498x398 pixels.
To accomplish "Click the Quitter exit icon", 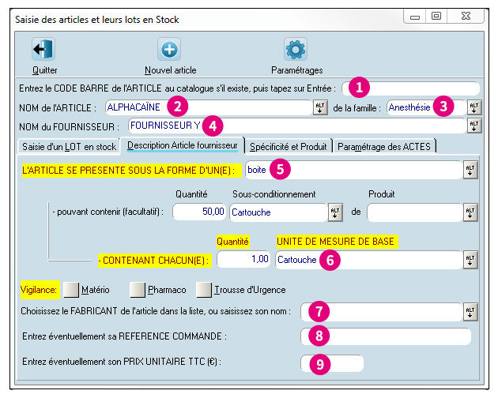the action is (x=43, y=49).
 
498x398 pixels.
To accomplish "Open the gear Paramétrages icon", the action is (x=296, y=49).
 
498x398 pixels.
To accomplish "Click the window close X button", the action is (x=466, y=16).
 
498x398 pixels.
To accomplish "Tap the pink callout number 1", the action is (x=359, y=88).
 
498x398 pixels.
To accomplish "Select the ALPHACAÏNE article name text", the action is (x=134, y=107).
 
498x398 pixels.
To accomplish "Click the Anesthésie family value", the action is (x=409, y=107).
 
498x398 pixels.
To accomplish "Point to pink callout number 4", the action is (x=213, y=126).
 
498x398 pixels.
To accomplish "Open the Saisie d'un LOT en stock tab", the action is (x=69, y=146).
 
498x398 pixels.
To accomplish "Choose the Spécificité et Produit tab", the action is (x=288, y=146).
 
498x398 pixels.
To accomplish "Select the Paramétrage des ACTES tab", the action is (x=384, y=146).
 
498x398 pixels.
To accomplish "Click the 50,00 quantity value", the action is (x=213, y=212).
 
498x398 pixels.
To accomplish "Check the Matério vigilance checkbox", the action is (x=71, y=290).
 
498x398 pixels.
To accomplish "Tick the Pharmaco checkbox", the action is (x=138, y=290).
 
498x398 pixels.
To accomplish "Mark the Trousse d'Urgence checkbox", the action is (x=204, y=290).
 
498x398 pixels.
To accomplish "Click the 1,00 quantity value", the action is (x=260, y=259).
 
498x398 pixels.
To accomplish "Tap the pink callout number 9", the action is (x=320, y=364).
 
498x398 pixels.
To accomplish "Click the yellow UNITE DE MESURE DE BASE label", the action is (x=337, y=242).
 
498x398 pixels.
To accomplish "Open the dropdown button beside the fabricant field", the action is (x=470, y=312).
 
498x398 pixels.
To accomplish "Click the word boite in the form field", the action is (x=257, y=170).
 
